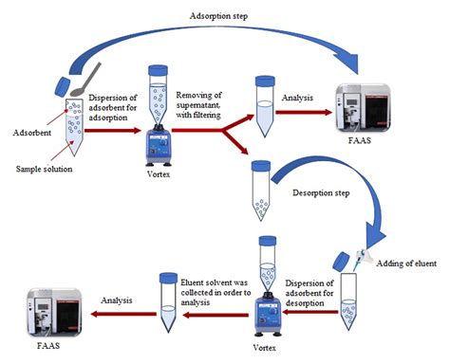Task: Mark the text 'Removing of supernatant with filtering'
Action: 202,103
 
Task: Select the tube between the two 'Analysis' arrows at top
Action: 264,102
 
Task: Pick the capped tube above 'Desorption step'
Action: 257,188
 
